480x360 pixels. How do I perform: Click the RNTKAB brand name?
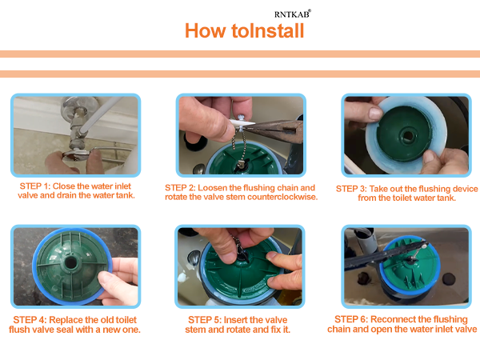tap(292, 14)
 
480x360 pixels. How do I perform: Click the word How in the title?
tap(205, 31)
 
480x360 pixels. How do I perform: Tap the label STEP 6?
tap(351, 319)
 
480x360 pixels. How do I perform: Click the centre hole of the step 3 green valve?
tap(407, 135)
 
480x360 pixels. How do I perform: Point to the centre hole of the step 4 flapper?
tap(70, 263)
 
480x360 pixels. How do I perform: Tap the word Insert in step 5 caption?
tap(235, 320)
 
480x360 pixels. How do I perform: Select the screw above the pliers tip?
tap(240, 117)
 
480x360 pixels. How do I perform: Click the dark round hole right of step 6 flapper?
tap(449, 279)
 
